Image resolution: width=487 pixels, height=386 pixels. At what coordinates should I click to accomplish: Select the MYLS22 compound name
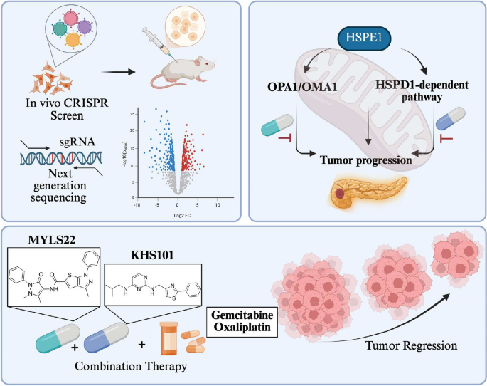(53, 237)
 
